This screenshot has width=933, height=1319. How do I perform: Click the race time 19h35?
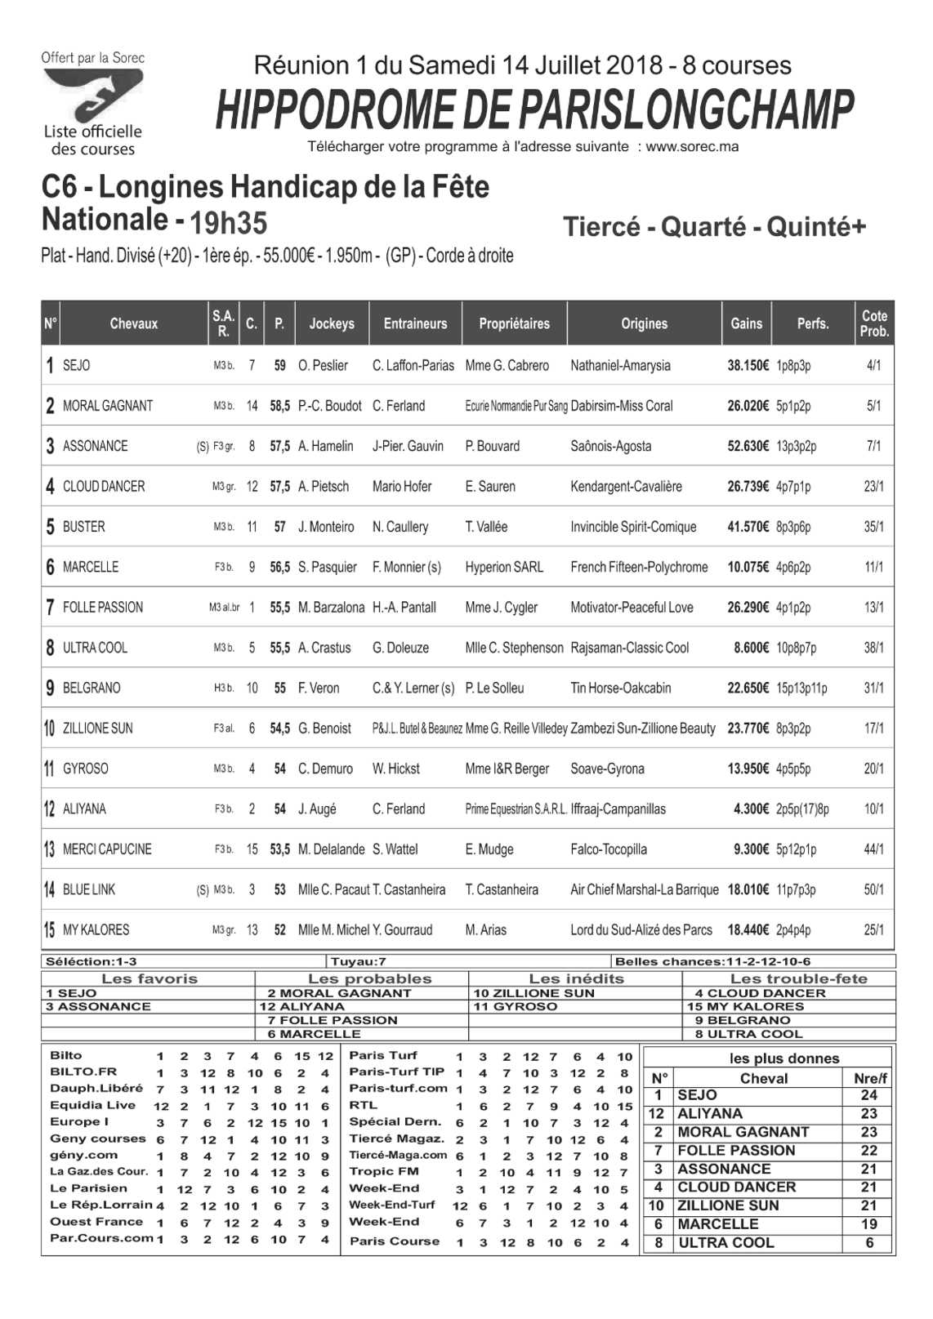click(228, 222)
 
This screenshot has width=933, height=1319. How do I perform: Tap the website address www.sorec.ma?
click(692, 147)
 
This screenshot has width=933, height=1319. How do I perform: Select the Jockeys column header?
click(332, 323)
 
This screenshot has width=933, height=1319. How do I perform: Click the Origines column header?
click(644, 323)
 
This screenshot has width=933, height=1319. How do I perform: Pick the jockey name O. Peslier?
click(323, 365)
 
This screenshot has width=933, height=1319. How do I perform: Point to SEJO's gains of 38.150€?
click(748, 365)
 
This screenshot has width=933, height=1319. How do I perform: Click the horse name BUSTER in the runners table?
click(83, 527)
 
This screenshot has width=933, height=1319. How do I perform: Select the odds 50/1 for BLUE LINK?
click(873, 889)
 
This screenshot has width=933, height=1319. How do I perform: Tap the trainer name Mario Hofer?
click(401, 487)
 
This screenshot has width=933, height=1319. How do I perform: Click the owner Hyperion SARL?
click(503, 567)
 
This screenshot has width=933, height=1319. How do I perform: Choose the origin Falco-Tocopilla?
click(608, 849)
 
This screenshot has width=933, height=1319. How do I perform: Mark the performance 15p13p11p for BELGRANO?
click(801, 688)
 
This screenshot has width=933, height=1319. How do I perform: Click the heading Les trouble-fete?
click(798, 978)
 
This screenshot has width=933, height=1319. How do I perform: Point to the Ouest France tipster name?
click(96, 1222)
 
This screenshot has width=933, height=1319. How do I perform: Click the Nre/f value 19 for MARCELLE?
click(868, 1224)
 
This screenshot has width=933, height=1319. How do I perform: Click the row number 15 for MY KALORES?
click(50, 929)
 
